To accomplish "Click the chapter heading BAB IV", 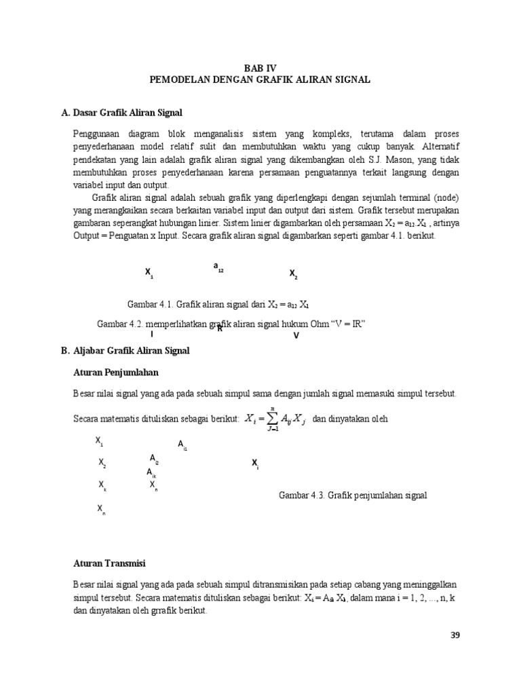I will (x=260, y=68).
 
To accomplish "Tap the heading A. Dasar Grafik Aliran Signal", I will (x=122, y=111).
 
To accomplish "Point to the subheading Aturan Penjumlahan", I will (x=116, y=373).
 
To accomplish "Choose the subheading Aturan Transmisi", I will (x=109, y=563).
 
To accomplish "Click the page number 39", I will (x=455, y=635).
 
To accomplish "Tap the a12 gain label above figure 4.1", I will (x=218, y=267).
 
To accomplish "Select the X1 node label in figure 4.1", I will (x=149, y=273).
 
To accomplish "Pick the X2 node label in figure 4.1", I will (x=294, y=274).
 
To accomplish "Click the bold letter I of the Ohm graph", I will (x=151, y=334).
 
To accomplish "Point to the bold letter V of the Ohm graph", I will (x=296, y=335).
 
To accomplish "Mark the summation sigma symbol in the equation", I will (x=272, y=419).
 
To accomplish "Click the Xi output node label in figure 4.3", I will (x=255, y=464).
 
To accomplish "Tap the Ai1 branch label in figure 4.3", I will (x=182, y=445).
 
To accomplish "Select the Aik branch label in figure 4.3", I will (x=151, y=472).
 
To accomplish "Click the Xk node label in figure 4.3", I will (x=102, y=485).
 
